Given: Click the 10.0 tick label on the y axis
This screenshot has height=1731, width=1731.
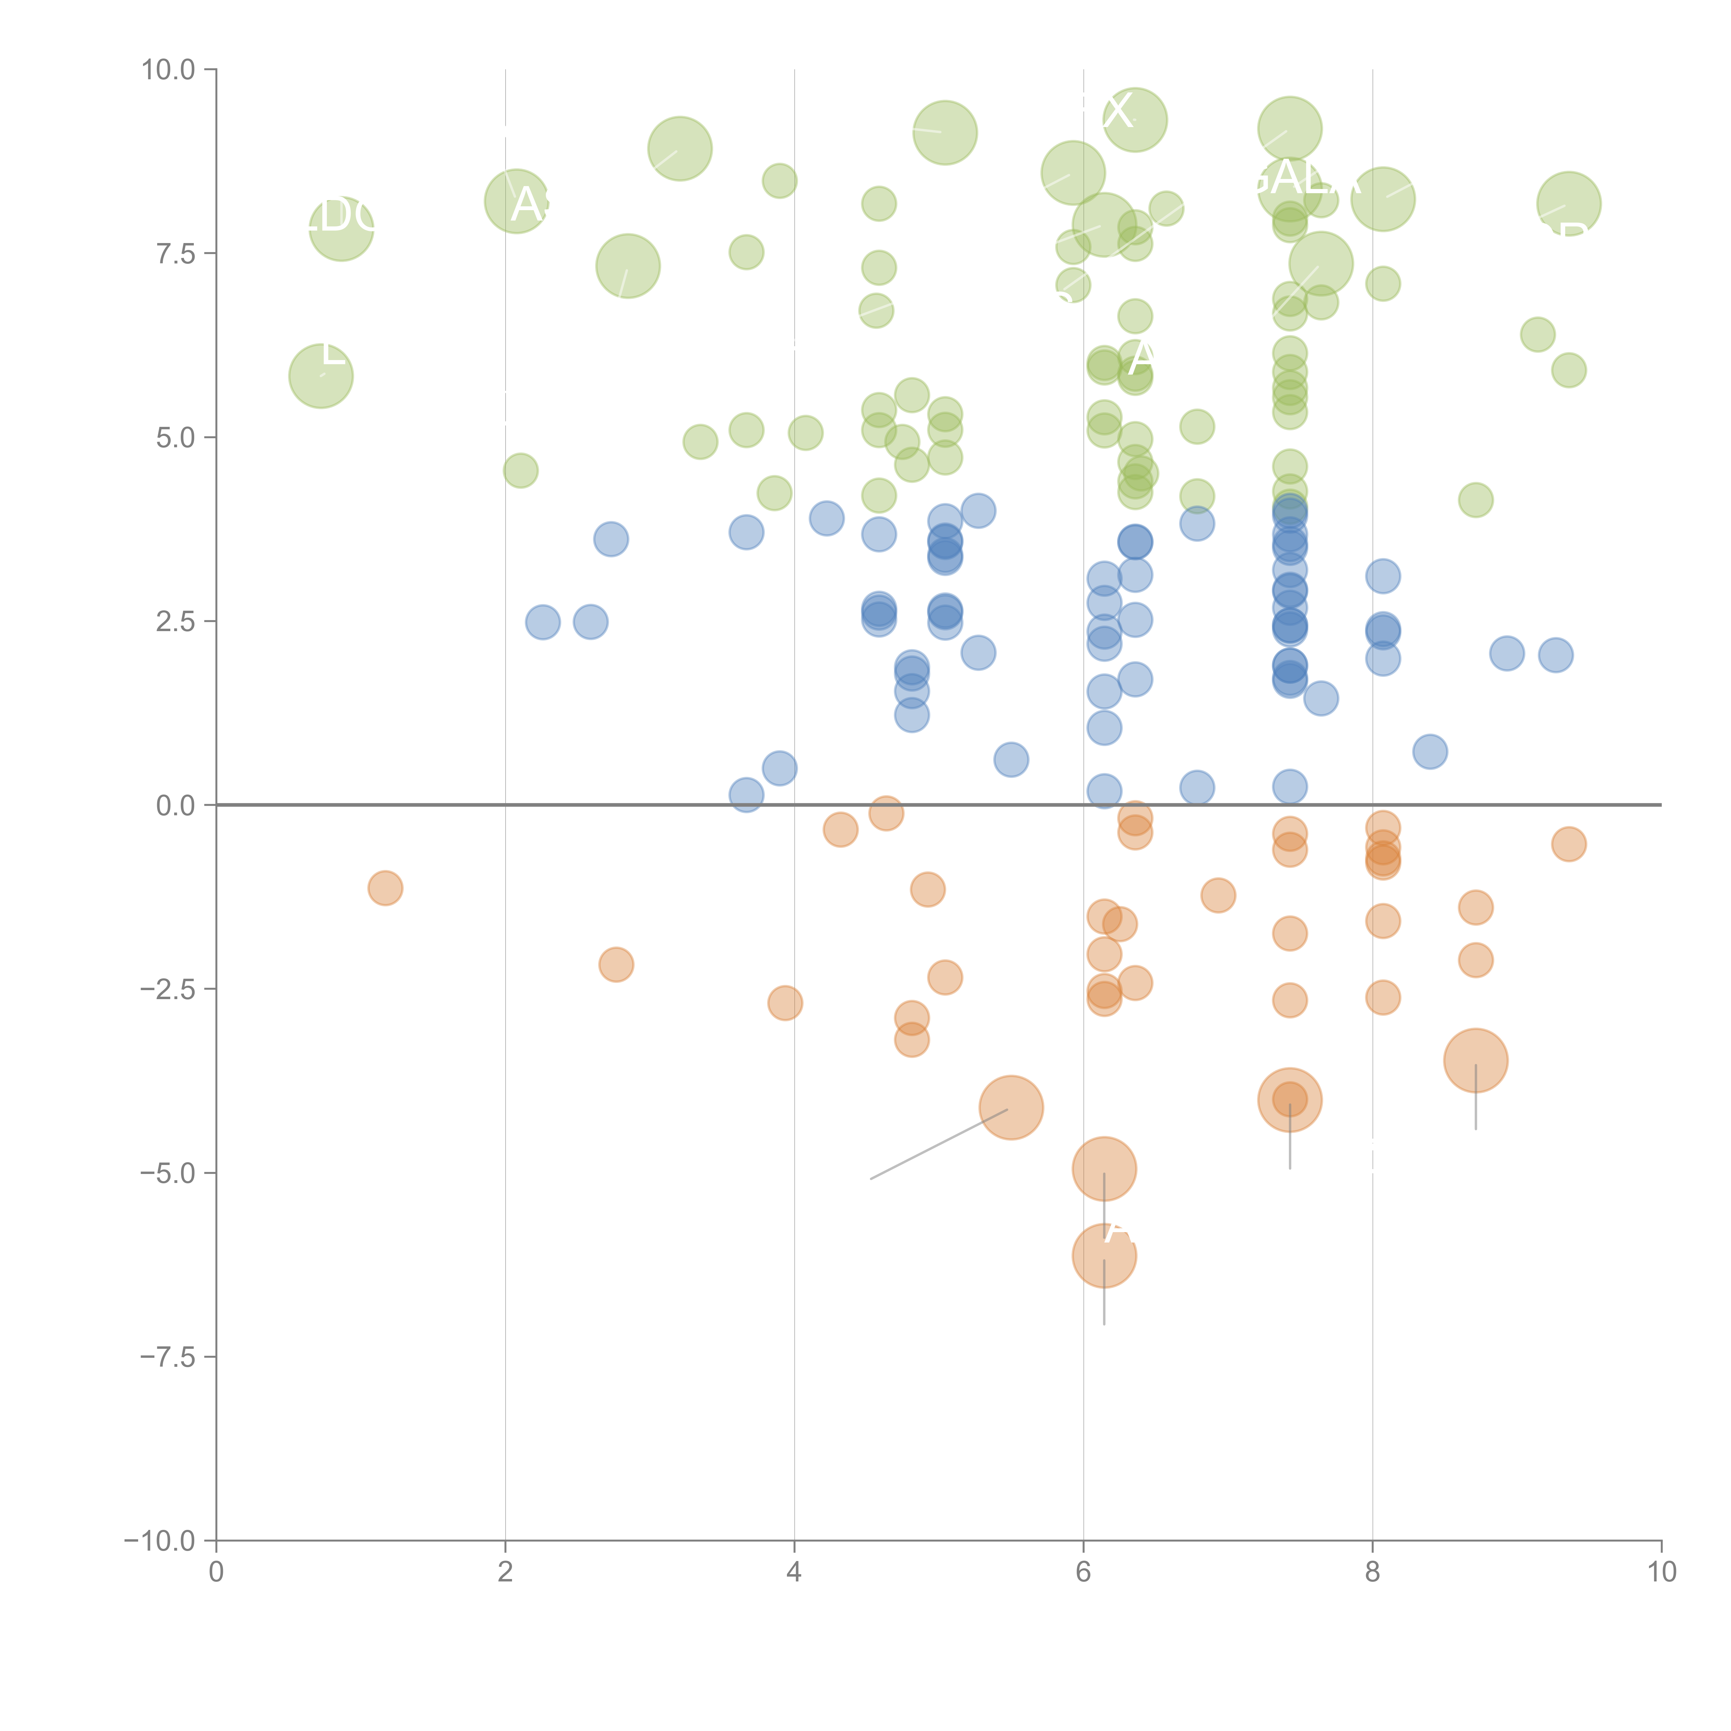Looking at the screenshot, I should [168, 70].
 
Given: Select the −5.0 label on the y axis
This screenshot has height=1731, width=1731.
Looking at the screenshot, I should [168, 1173].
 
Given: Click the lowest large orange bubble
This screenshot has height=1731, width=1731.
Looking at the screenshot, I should [1104, 1255].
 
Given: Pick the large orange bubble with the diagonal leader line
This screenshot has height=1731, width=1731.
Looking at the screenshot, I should [1011, 1107].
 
